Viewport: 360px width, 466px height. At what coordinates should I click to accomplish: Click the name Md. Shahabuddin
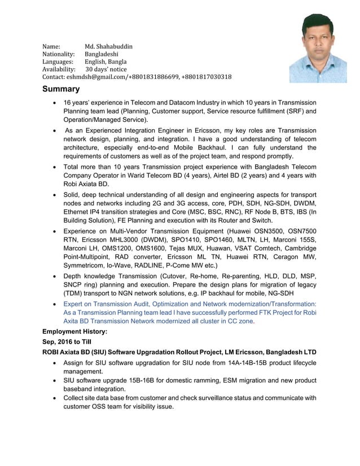pyautogui.click(x=108, y=46)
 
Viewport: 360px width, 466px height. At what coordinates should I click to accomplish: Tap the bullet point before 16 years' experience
pyautogui.click(x=54, y=103)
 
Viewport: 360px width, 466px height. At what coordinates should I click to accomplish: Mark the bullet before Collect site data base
pyautogui.click(x=54, y=398)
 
